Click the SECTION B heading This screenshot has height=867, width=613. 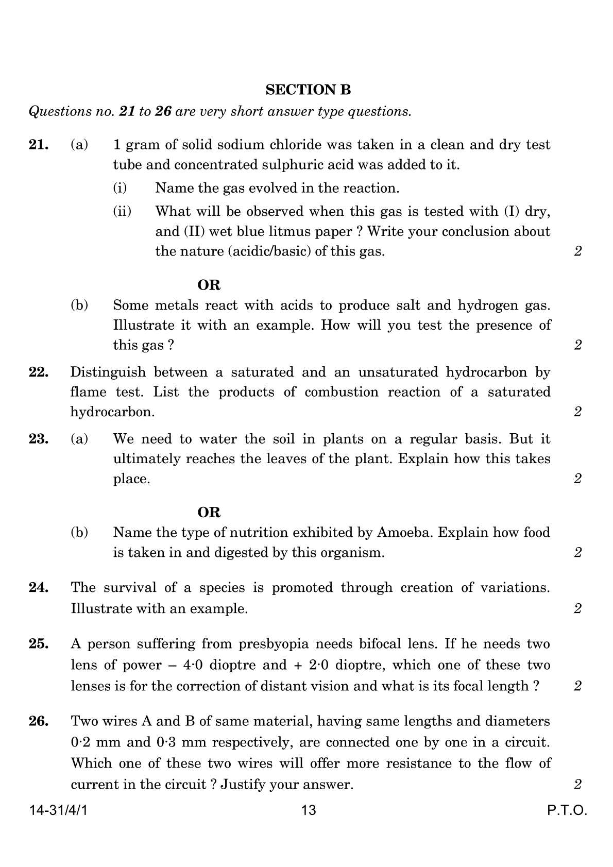[308, 90]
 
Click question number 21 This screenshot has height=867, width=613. [39, 145]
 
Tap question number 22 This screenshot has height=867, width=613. [39, 372]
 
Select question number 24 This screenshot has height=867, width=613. [39, 587]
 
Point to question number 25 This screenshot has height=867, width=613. [39, 644]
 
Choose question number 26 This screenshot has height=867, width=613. [39, 721]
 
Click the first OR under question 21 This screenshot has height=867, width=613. [209, 285]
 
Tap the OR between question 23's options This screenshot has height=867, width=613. [209, 512]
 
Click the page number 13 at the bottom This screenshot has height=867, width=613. [308, 810]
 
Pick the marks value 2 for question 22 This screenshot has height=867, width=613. [577, 412]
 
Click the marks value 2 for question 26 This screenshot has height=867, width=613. [577, 785]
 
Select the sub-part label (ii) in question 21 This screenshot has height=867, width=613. [122, 211]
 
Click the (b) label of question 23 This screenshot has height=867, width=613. [79, 532]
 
